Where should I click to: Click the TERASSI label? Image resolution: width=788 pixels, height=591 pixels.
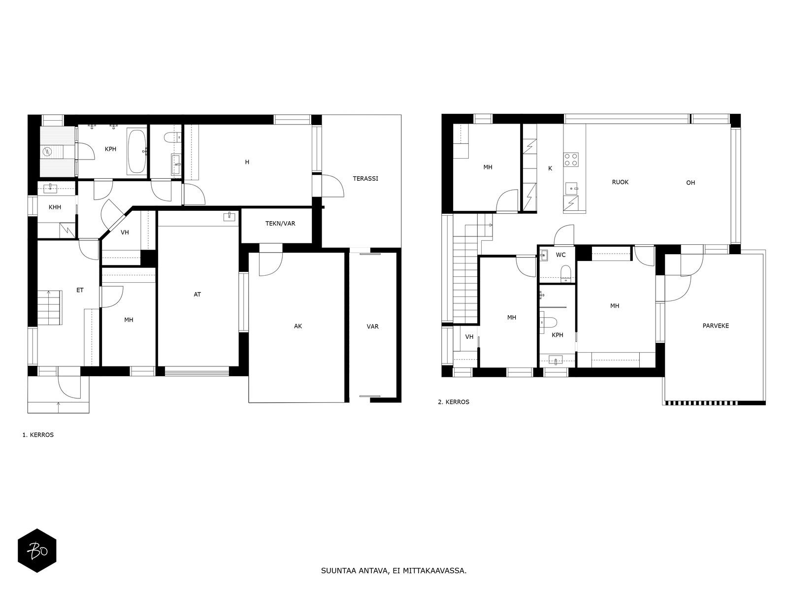coord(365,178)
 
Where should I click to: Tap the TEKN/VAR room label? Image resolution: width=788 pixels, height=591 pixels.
coord(280,223)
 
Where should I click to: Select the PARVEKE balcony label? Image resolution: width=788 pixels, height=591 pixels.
coord(716,326)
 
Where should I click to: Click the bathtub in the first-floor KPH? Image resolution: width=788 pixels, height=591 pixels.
coord(137,151)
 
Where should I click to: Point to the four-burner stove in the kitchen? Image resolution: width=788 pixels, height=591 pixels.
coord(571,160)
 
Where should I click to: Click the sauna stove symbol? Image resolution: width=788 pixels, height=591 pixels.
coord(47,152)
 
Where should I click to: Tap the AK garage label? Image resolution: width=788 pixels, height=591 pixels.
coord(297,326)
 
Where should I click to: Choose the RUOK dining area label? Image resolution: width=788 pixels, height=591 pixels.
coord(620,182)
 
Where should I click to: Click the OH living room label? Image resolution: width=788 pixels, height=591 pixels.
coord(690,183)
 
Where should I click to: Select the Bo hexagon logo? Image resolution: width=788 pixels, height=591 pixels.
coord(37,551)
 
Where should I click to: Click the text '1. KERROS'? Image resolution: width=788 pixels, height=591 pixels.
coord(38,435)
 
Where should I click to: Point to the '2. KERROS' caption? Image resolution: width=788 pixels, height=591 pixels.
coord(454,402)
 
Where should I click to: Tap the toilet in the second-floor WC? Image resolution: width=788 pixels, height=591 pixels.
coord(565,272)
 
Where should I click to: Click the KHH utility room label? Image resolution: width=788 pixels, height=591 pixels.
coord(55,207)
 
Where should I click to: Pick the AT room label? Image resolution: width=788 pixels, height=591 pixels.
coord(197,294)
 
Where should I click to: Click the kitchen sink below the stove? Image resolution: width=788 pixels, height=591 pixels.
coord(571,188)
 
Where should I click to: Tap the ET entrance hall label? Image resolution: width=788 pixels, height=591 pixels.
coord(80,290)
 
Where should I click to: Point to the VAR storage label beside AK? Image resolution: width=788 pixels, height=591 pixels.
coord(372,327)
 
